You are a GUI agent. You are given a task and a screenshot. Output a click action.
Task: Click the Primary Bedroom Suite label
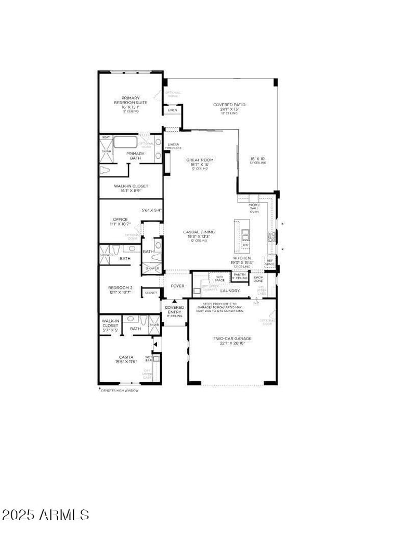131,101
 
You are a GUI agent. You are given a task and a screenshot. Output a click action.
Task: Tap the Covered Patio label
229,105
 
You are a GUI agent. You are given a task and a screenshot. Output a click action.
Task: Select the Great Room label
200,160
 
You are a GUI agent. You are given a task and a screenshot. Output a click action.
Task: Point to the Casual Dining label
199,232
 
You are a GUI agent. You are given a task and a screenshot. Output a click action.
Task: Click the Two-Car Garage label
232,339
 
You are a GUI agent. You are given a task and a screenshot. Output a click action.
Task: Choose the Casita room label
126,357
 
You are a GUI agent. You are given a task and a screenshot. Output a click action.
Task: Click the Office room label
120,219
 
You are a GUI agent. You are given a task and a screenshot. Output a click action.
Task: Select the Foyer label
177,286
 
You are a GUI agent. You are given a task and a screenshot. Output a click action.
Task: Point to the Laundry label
230,291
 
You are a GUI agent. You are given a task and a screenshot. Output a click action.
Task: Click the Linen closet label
172,110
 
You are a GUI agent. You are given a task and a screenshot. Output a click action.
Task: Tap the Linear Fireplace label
173,146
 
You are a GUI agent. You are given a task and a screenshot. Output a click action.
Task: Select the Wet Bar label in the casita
148,358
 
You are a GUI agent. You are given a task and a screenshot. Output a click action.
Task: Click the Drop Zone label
258,279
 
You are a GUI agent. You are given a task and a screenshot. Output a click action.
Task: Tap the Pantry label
240,274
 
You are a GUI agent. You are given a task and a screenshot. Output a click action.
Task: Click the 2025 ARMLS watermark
45,515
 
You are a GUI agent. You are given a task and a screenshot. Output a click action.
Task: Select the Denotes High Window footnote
120,390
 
